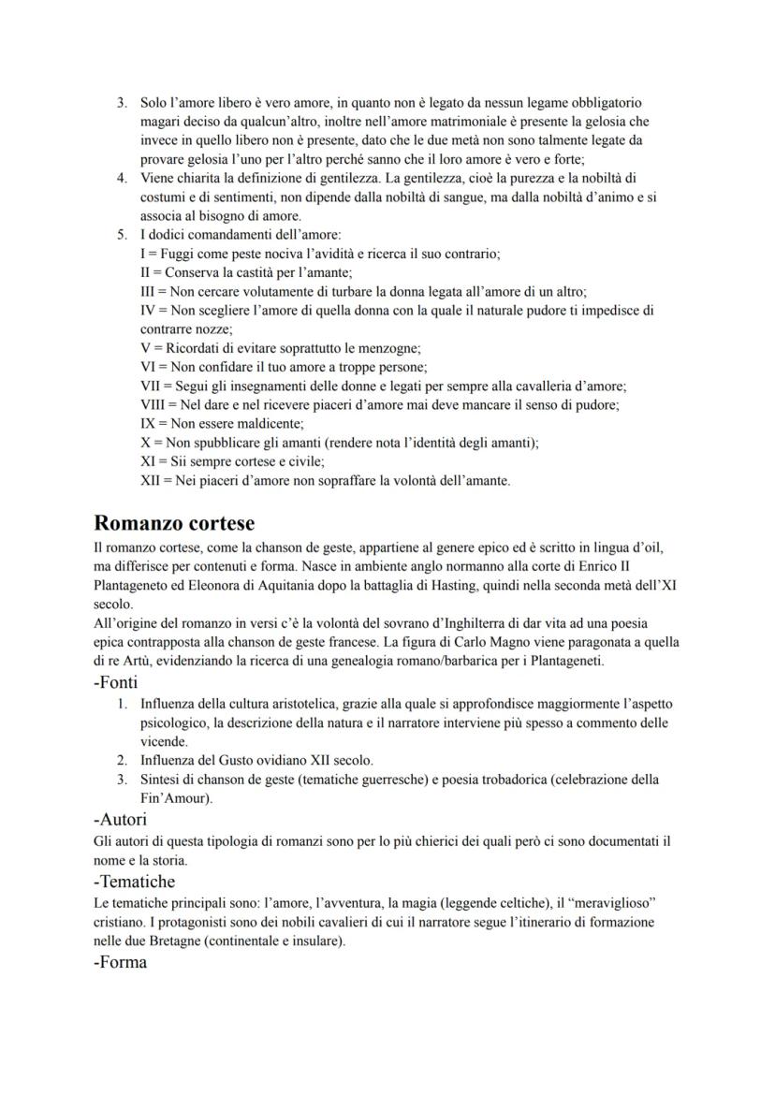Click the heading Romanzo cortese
pyautogui.click(x=174, y=522)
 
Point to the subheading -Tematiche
pyautogui.click(x=135, y=881)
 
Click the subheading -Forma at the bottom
pyautogui.click(x=121, y=961)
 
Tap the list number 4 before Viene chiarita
pyautogui.click(x=122, y=178)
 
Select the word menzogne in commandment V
pyautogui.click(x=389, y=348)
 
